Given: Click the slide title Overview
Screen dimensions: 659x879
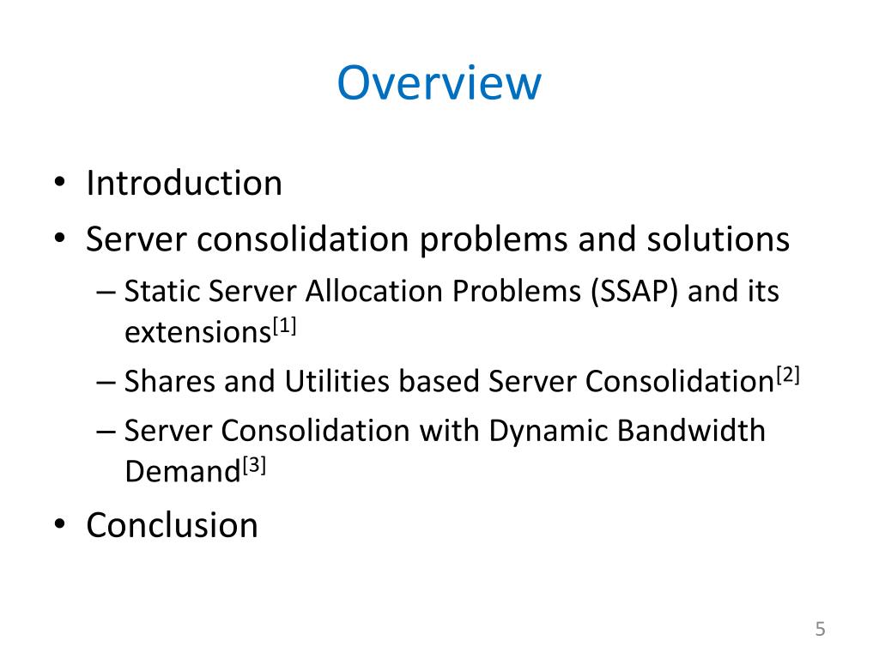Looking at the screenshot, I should [439, 83].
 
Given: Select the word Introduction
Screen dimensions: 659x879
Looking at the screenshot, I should [184, 184].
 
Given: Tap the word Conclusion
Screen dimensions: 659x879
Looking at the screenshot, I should [172, 524].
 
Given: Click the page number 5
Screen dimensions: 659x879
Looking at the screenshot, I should [820, 629].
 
